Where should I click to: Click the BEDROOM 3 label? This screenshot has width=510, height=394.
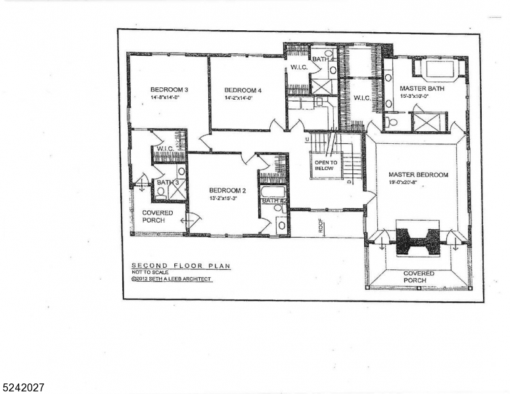tap(169, 89)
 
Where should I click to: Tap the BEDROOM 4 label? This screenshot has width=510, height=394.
tap(243, 90)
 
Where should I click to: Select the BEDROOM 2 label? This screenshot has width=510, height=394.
tap(227, 189)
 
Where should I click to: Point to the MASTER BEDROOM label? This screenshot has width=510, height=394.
tap(418, 175)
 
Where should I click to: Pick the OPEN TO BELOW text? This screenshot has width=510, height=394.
tap(325, 165)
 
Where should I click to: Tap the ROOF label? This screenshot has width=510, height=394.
tap(321, 225)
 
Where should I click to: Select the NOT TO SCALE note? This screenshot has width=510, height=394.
tap(151, 272)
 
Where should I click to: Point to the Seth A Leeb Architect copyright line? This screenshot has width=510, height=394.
tap(172, 278)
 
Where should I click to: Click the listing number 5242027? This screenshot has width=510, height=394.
tap(23, 388)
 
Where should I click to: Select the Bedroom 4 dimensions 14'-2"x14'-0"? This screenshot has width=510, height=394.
tap(239, 98)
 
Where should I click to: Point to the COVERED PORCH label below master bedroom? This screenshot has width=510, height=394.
tap(419, 276)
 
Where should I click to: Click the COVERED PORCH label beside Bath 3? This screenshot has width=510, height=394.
tap(158, 216)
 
